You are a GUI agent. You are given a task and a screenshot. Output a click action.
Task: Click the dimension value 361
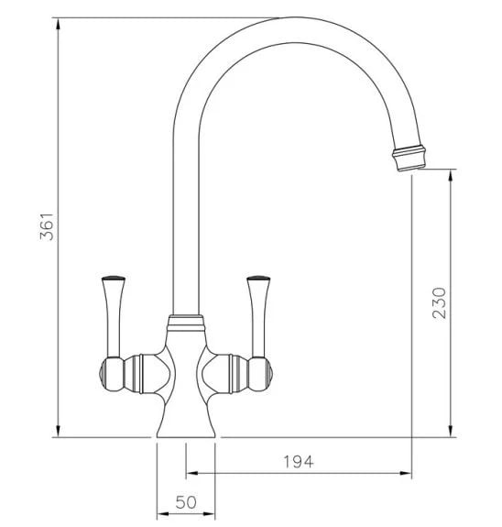click(47, 226)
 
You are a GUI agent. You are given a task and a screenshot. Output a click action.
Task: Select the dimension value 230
click(439, 302)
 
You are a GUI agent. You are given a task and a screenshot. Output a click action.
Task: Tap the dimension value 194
click(299, 462)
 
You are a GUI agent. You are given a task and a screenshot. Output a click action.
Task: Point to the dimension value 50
click(186, 502)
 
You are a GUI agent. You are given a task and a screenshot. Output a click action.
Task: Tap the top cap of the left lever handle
click(113, 279)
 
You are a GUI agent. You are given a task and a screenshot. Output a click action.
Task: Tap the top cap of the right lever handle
click(258, 279)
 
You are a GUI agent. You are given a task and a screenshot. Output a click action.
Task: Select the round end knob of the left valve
click(112, 374)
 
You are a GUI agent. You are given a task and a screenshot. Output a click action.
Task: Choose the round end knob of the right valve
click(260, 374)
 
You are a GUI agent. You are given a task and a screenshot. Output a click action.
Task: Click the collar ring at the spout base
click(186, 323)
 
